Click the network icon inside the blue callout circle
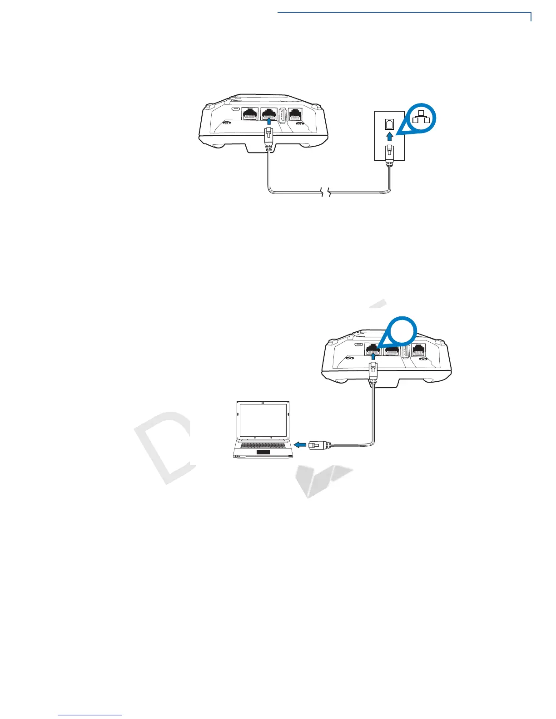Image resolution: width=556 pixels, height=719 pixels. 420,116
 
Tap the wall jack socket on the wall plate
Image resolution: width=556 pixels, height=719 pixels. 389,123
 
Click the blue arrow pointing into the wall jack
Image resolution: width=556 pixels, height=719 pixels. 389,136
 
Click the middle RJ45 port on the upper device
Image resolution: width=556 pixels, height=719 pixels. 269,115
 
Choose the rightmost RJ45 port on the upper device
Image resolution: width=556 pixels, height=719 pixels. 297,115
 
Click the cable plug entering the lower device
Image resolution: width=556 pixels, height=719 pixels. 373,371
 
